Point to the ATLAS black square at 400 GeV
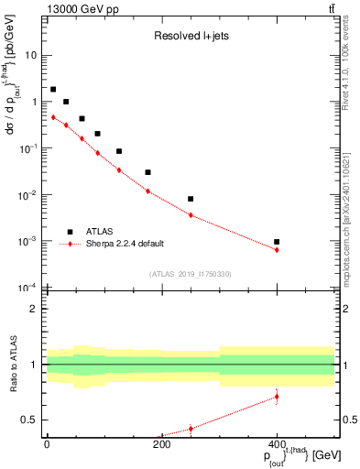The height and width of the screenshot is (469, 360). (277, 242)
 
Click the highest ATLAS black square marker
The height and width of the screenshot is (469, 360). (53, 90)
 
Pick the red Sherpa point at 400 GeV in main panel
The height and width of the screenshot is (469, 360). (277, 250)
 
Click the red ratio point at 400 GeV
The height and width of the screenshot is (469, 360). (277, 397)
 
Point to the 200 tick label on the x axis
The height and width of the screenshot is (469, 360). (161, 445)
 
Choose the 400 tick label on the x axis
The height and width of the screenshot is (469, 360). (277, 445)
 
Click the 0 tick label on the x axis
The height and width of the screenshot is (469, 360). (47, 445)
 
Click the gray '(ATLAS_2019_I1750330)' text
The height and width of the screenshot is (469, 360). (191, 274)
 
